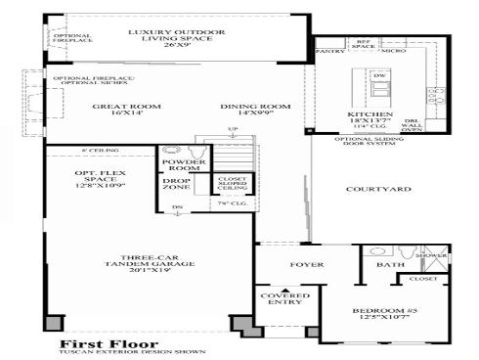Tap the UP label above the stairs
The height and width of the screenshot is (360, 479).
tap(232, 131)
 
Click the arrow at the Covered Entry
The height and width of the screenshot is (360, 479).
tap(284, 290)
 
